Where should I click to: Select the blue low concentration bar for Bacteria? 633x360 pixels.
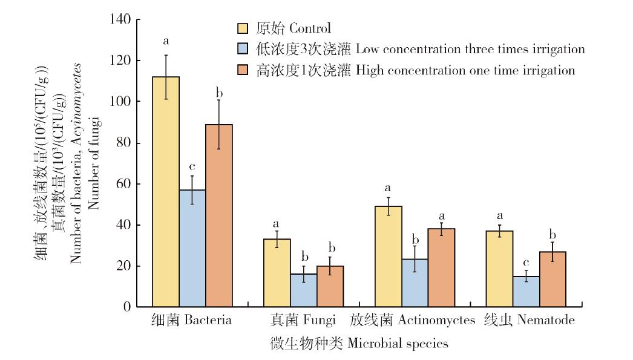(192, 248)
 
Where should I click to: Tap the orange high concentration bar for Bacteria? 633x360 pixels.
(219, 215)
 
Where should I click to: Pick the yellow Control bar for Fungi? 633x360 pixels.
(277, 273)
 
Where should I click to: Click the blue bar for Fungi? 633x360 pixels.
(304, 290)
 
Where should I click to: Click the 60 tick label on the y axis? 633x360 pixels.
(124, 184)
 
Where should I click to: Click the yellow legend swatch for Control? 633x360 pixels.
(243, 28)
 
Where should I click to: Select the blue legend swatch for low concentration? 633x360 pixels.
(243, 49)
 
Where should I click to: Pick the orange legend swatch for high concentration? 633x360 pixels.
(243, 70)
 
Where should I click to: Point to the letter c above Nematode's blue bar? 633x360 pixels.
(526, 263)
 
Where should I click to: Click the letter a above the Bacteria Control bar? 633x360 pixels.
(165, 42)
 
